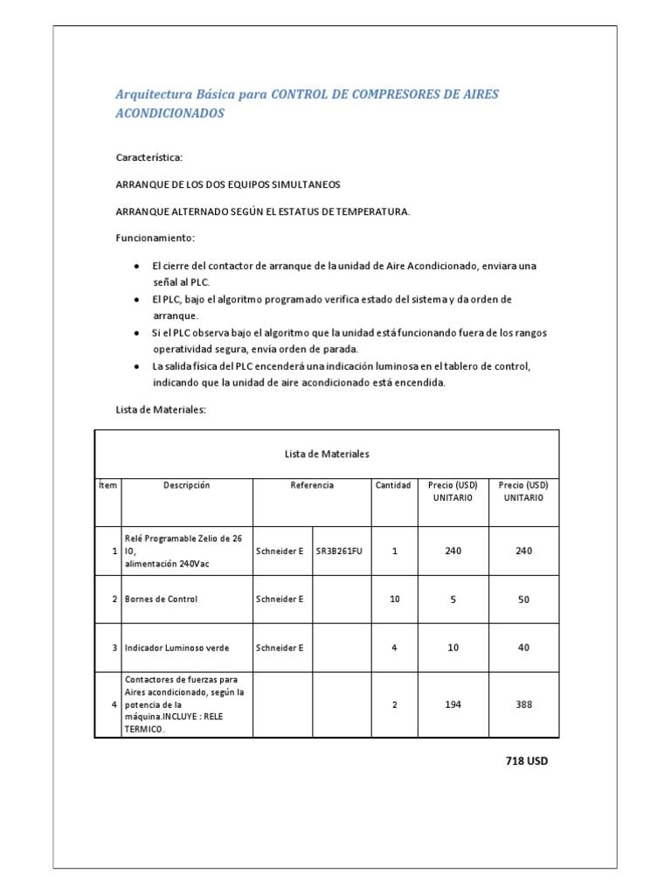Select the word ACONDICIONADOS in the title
coord(170,114)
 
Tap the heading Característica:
coord(149,157)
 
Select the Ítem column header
coord(107,485)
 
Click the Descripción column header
coord(186,485)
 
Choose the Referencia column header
coord(311,485)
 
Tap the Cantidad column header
coord(392,485)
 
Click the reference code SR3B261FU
coord(338,552)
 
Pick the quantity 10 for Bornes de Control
coord(394,600)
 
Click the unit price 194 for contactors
coord(452,704)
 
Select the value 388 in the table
coord(523,704)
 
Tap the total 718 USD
coord(527,760)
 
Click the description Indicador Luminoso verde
coord(177,648)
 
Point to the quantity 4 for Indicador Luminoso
coord(394,648)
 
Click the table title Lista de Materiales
coord(327,454)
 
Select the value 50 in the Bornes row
coord(523,600)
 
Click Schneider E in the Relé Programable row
coord(280,552)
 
